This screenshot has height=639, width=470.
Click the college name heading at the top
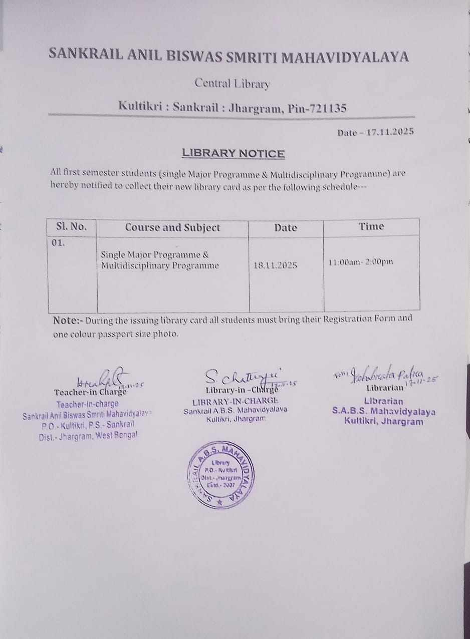coord(228,56)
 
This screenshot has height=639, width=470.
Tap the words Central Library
coord(232,83)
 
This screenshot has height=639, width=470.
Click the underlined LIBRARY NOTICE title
coord(233,153)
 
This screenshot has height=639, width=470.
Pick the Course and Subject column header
coord(172,228)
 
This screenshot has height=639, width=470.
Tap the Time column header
coord(371,227)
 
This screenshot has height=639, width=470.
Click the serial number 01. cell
coord(59,244)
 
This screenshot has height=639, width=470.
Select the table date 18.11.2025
coord(276,265)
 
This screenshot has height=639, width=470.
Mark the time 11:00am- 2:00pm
coord(361,262)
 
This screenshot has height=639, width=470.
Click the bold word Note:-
coord(69,321)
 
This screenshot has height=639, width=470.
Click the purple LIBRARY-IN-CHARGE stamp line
coord(235,401)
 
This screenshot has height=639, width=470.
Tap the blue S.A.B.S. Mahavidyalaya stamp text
coord(384,412)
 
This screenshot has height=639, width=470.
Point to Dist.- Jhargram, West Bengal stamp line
coord(88,436)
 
